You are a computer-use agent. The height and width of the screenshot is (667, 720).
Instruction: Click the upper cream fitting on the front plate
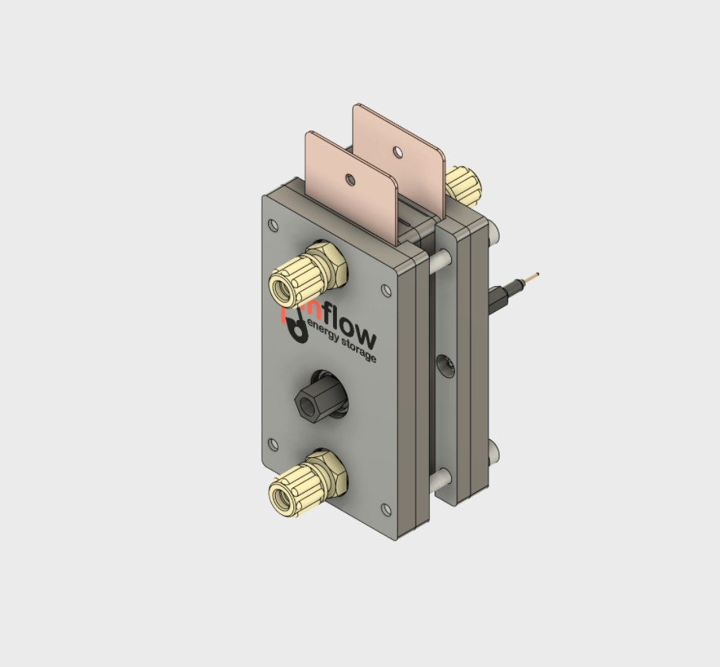[305, 273]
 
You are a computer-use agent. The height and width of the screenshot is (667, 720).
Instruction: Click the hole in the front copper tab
[350, 181]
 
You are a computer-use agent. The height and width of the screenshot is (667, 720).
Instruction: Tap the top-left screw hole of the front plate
[274, 226]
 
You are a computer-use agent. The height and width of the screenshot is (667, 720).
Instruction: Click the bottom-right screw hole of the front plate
[386, 509]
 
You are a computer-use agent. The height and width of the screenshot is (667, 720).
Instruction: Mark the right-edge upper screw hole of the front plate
[386, 291]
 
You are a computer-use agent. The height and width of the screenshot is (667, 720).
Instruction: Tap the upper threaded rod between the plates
[442, 259]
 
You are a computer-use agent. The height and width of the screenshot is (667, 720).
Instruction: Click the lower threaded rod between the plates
[441, 478]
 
